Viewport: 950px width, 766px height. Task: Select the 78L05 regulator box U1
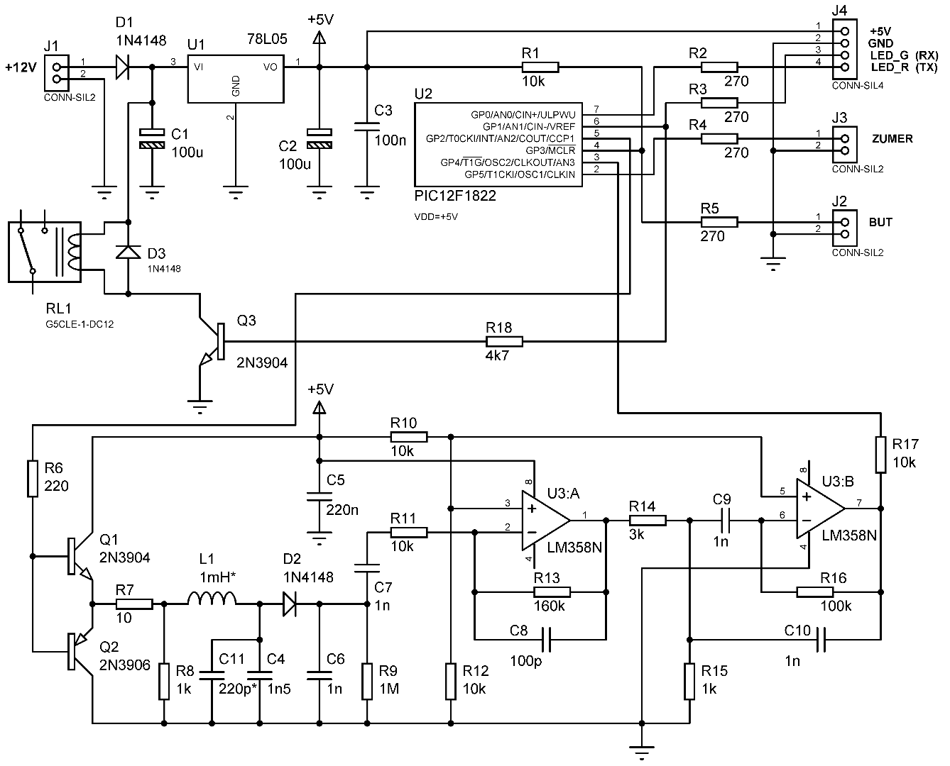click(236, 78)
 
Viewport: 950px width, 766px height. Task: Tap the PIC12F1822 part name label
click(455, 196)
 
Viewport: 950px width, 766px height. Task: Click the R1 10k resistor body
click(540, 67)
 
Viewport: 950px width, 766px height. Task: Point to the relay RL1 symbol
click(45, 252)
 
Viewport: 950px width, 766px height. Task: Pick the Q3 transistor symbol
click(213, 340)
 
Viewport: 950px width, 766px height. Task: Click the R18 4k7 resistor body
click(503, 342)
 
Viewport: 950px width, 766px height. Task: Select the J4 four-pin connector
click(844, 48)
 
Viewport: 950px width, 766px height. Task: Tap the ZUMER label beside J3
click(892, 139)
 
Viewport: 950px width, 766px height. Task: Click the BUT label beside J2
click(880, 222)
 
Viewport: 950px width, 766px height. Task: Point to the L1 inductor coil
click(212, 600)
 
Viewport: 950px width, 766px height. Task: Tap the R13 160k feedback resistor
click(552, 592)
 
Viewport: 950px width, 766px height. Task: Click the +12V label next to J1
click(19, 67)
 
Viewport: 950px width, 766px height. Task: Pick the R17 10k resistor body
click(880, 455)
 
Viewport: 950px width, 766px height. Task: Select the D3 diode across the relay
click(128, 252)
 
